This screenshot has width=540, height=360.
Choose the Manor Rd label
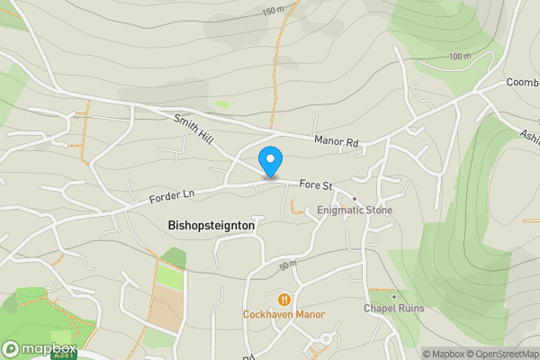tap(336, 141)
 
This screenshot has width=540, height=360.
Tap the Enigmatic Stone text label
tap(354, 211)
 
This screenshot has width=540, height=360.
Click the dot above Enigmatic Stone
tap(355, 198)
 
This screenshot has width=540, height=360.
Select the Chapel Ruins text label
tap(393, 308)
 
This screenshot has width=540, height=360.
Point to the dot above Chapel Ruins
tap(394, 295)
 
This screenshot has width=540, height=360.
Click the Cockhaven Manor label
tap(283, 314)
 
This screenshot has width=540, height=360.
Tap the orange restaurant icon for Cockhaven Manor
tap(283, 300)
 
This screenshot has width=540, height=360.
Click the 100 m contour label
tap(460, 56)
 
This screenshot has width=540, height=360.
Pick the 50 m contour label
tap(288, 265)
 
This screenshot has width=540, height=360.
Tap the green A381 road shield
tap(64, 356)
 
